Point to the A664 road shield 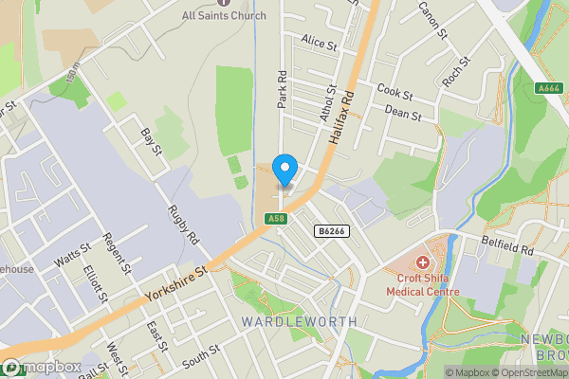[x=548, y=88]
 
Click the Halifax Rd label [x=341, y=117]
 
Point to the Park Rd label [x=282, y=88]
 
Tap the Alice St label [x=320, y=44]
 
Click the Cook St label [x=395, y=93]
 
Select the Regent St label [x=117, y=254]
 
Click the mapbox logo [x=42, y=368]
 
